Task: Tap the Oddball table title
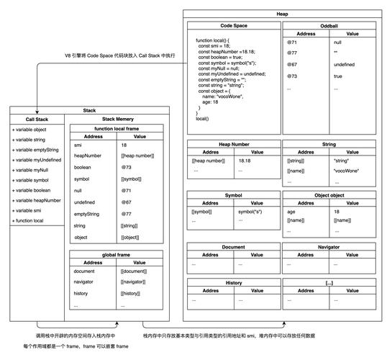(x=329, y=25)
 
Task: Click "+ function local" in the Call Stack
(x=28, y=220)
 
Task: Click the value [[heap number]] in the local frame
(x=137, y=156)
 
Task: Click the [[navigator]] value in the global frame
(x=135, y=282)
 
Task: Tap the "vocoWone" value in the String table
(x=347, y=171)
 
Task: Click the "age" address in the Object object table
(x=292, y=212)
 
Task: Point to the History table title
(x=233, y=283)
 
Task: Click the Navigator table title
(x=329, y=246)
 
